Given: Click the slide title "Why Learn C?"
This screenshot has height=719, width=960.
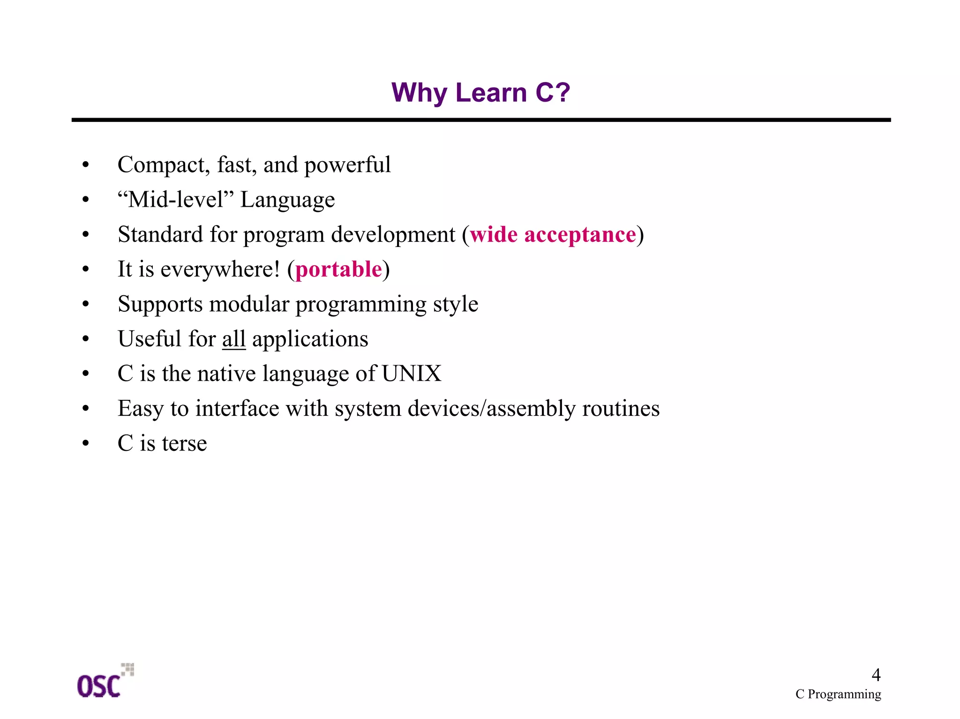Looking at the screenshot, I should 480,92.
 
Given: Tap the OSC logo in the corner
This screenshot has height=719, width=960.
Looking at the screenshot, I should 104,682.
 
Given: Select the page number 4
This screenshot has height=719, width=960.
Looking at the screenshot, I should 876,675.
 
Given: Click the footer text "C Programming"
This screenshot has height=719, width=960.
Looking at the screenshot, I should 838,694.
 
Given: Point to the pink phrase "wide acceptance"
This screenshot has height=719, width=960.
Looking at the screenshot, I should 553,234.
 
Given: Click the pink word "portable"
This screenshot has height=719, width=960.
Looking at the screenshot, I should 338,270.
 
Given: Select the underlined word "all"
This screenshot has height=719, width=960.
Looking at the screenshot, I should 233,339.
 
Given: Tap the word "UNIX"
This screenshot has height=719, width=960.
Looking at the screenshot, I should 411,374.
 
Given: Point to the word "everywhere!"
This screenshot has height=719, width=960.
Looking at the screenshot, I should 220,270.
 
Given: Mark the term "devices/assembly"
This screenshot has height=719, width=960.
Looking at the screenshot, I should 492,408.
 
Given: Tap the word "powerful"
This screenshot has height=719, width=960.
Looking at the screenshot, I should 347,165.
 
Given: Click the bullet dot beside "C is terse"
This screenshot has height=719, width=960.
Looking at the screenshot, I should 85,443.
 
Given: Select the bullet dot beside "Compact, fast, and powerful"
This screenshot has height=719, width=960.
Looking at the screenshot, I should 85,165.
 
